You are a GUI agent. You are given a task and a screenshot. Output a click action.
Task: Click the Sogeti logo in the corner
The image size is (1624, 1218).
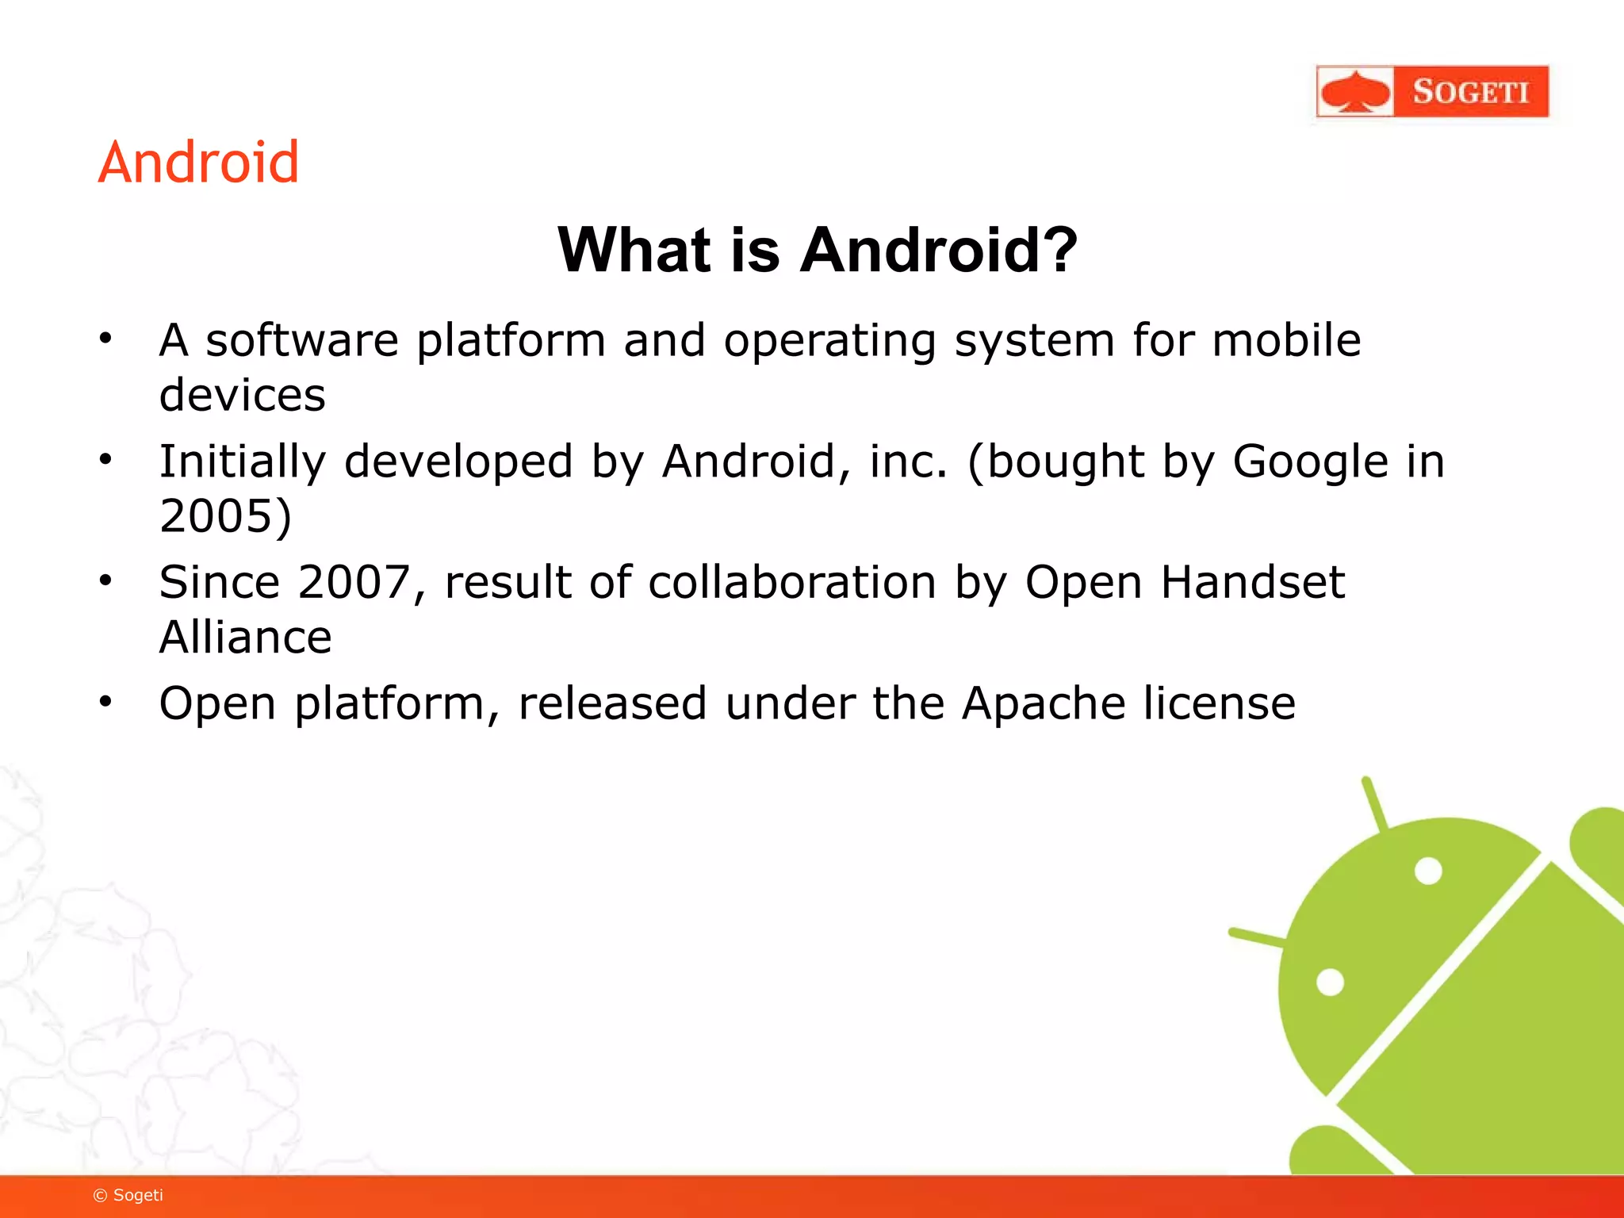click(x=1431, y=92)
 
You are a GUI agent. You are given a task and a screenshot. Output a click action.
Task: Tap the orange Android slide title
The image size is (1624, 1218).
click(x=198, y=163)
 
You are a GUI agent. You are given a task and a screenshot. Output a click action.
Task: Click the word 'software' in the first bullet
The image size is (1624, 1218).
click(x=302, y=341)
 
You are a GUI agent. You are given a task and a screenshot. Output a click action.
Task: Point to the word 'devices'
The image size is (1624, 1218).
click(x=242, y=396)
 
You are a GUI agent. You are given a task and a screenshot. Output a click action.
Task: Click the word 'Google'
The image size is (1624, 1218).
click(x=1310, y=462)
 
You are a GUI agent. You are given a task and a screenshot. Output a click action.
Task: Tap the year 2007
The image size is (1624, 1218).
click(x=354, y=583)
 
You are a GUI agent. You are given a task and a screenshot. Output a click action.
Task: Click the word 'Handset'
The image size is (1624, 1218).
click(x=1253, y=583)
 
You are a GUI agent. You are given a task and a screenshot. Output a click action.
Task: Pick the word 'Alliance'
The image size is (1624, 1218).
click(x=245, y=638)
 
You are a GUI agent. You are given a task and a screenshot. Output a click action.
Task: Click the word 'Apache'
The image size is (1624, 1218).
click(x=1043, y=704)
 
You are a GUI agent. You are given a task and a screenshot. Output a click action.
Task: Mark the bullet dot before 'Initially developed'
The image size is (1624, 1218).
click(x=105, y=459)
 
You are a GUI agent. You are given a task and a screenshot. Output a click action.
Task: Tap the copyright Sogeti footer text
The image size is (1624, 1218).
click(x=128, y=1195)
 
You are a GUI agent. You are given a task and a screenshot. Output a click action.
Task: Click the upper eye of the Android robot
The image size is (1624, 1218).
click(x=1428, y=871)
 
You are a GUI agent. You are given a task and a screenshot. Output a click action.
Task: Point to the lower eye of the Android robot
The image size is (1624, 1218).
click(x=1330, y=982)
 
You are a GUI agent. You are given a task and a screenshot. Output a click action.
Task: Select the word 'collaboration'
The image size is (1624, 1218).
click(x=792, y=583)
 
